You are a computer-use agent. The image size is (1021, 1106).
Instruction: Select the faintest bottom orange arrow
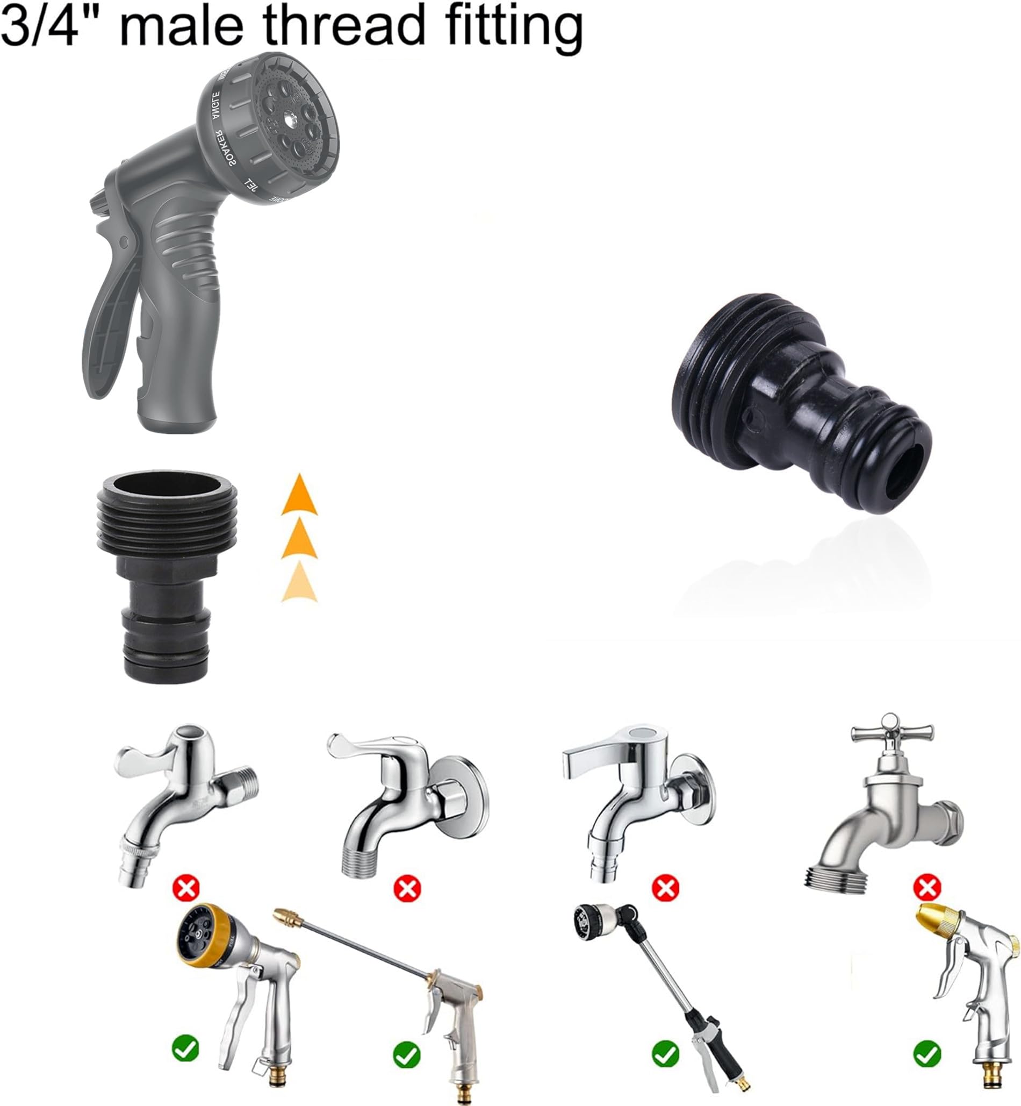tap(299, 581)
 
